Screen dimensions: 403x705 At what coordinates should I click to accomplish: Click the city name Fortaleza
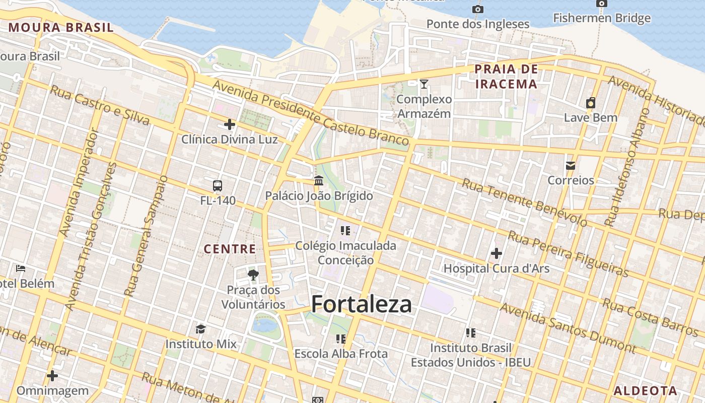tap(361, 304)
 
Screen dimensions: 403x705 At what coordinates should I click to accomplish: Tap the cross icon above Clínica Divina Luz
tap(230, 124)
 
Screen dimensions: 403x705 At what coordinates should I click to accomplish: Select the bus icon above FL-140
tap(218, 186)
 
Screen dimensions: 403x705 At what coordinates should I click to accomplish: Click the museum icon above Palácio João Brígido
tap(319, 180)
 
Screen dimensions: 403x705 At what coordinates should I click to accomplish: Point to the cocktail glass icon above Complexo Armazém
tap(424, 84)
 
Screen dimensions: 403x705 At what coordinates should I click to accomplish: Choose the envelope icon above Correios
tap(571, 165)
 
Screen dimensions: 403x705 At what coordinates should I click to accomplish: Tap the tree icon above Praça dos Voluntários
tap(253, 275)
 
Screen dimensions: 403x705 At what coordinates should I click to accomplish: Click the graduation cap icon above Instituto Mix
tap(201, 329)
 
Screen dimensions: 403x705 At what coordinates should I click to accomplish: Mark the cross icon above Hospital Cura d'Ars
tap(496, 253)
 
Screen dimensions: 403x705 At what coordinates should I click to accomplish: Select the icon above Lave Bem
tap(591, 103)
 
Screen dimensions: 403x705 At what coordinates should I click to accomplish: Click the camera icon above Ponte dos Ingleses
tap(478, 9)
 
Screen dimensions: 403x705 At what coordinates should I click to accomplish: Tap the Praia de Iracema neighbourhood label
tap(506, 76)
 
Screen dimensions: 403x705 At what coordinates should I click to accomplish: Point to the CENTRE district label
tap(230, 248)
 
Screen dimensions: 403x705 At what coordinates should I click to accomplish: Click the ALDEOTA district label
tap(645, 390)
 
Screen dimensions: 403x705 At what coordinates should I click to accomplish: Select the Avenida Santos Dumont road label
tap(568, 327)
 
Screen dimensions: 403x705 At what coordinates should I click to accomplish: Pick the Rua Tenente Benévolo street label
tap(524, 203)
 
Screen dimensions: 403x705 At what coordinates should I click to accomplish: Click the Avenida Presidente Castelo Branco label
tap(310, 112)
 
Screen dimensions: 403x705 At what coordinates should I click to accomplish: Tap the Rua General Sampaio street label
tap(146, 236)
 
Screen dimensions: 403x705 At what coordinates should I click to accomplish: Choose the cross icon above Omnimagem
tap(52, 376)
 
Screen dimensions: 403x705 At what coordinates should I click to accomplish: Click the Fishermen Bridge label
tap(602, 19)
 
